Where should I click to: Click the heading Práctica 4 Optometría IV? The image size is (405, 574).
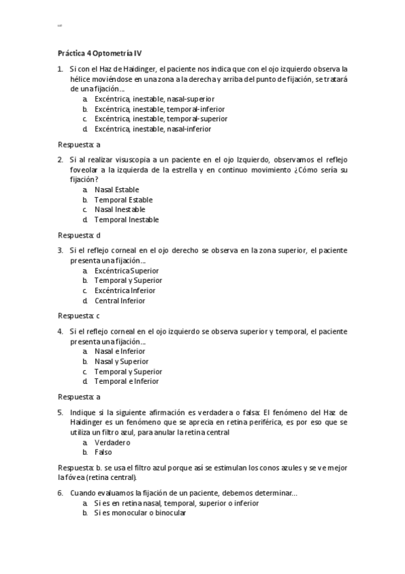pos(99,52)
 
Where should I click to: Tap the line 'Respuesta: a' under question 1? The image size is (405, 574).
pos(79,144)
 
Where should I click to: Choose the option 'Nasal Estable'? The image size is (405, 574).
pos(117,190)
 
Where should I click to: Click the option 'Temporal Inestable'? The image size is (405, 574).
pos(126,220)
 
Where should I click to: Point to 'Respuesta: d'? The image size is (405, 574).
pos(79,235)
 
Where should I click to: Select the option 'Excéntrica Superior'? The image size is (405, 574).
pos(126,271)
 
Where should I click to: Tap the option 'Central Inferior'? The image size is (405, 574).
pos(120,301)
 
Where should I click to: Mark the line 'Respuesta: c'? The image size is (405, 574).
pos(79,315)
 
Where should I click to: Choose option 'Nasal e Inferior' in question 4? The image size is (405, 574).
pos(119,351)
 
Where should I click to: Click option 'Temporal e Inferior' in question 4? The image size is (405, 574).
pos(126,381)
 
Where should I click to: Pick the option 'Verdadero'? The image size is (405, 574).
pos(112,442)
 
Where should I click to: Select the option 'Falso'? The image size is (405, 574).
pos(103,452)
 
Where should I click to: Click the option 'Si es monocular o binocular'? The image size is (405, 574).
pos(140,513)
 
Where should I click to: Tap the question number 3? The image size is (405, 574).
pos(60,250)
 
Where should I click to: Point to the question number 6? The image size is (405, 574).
pos(60,493)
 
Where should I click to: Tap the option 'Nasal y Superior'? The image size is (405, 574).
pos(121,361)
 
